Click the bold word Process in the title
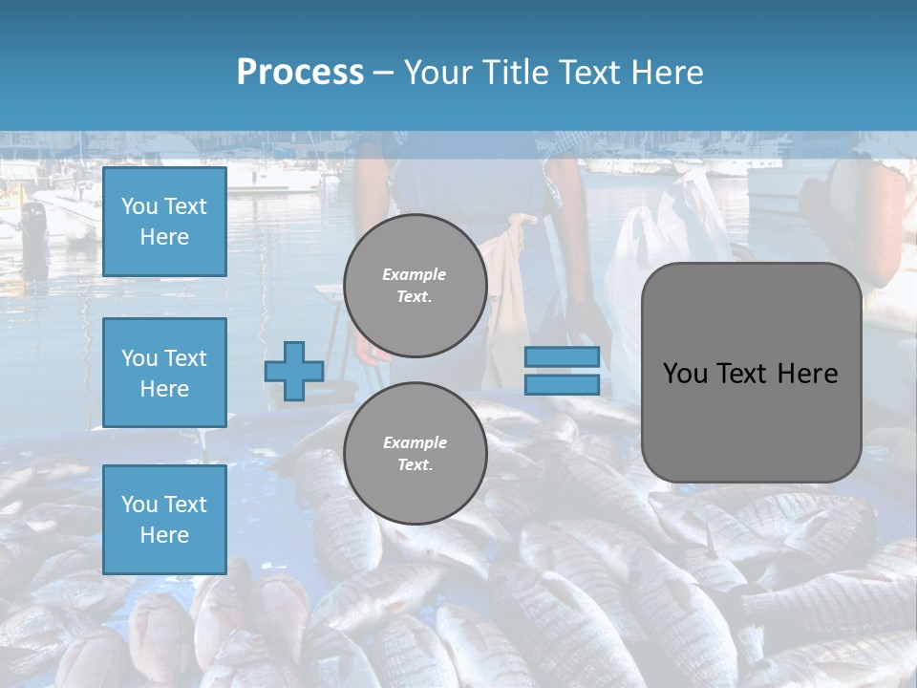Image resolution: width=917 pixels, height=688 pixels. pyautogui.click(x=300, y=73)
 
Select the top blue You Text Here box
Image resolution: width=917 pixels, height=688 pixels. pyautogui.click(x=164, y=222)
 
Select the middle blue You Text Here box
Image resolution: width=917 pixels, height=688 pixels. pyautogui.click(x=164, y=373)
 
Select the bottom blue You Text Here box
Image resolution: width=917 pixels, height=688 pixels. pyautogui.click(x=164, y=520)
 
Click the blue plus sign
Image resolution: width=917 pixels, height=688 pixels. pyautogui.click(x=294, y=371)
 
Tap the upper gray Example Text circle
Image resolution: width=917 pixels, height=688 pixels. pyautogui.click(x=416, y=286)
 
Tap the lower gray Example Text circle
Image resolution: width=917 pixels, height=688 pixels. pyautogui.click(x=416, y=454)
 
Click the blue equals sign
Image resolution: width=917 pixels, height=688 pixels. pyautogui.click(x=562, y=371)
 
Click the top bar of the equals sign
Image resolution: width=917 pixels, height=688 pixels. pyautogui.click(x=562, y=357)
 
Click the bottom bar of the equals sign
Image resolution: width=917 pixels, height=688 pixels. pyautogui.click(x=562, y=384)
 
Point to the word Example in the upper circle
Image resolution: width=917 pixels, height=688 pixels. pyautogui.click(x=415, y=275)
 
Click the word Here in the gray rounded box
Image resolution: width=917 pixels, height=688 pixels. pyautogui.click(x=807, y=374)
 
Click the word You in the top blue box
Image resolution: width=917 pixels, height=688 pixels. pyautogui.click(x=139, y=206)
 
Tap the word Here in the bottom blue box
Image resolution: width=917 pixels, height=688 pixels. pyautogui.click(x=164, y=535)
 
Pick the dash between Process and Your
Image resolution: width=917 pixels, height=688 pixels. pyautogui.click(x=383, y=73)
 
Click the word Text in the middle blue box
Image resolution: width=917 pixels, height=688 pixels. pyautogui.click(x=185, y=358)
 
